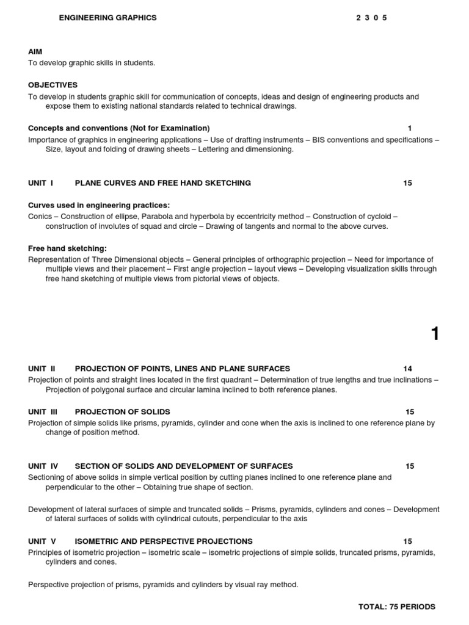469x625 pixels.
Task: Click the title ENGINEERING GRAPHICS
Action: point(107,18)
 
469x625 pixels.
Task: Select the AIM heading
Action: point(35,52)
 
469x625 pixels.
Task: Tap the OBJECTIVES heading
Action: point(53,85)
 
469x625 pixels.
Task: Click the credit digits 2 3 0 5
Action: point(371,18)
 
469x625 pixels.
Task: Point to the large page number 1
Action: point(435,334)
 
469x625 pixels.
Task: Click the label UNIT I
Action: point(41,183)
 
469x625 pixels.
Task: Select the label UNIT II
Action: point(42,369)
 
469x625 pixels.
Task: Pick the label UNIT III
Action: point(43,412)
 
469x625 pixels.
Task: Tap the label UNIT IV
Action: point(43,466)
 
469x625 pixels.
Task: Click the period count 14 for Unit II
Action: point(407,369)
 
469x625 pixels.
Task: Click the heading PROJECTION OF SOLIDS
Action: point(122,412)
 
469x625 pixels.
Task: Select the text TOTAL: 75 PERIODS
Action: point(396,607)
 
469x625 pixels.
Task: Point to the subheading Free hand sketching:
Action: point(67,248)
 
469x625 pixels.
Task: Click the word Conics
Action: point(41,217)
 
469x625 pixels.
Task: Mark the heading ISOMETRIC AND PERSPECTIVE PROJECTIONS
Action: point(163,541)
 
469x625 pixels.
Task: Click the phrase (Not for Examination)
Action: point(169,128)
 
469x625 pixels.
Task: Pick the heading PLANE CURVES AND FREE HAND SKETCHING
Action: point(162,183)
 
